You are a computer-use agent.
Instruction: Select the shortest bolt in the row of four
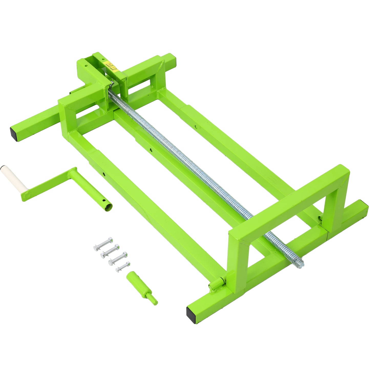click(x=123, y=266)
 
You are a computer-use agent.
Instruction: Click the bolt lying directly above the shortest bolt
click(x=118, y=258)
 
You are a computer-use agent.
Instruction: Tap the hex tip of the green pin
click(x=154, y=302)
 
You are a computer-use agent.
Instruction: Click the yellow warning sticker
click(x=112, y=67)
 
